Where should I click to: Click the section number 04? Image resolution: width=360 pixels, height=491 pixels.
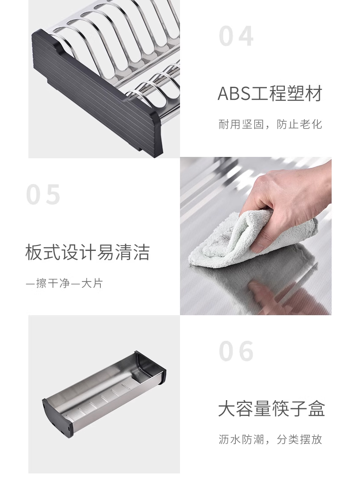coord(236,36)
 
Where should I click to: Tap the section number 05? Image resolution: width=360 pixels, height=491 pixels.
coord(43,195)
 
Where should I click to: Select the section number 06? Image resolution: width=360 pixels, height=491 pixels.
coord(236,351)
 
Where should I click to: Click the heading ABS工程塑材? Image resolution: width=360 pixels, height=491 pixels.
coord(270,94)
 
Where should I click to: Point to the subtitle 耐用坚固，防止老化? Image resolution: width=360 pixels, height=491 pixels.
coord(270,124)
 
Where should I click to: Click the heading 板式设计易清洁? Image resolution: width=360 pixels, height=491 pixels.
coord(87,252)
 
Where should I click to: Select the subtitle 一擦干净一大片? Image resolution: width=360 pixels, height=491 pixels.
coord(64,283)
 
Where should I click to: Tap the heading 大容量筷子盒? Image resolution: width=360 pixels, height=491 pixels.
coord(271,408)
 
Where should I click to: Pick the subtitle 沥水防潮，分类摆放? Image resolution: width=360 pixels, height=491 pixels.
coord(270,439)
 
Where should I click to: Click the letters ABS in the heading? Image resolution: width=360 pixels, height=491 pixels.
coord(234,94)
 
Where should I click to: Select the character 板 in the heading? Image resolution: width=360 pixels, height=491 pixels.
coord(34,252)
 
